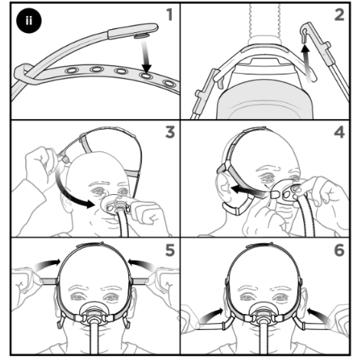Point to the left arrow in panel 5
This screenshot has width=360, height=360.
coord(48,263)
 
